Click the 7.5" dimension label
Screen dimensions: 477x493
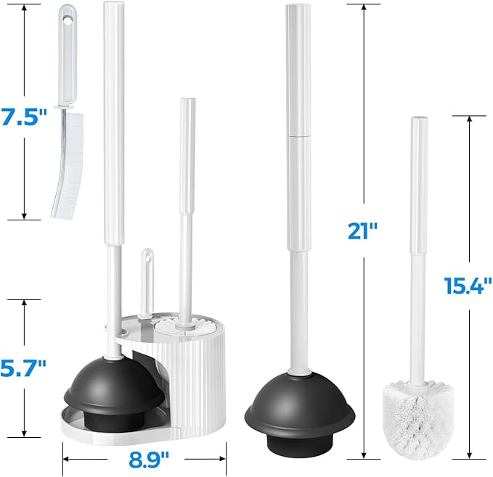pyautogui.click(x=24, y=117)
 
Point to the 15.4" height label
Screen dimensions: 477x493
pyautogui.click(x=468, y=286)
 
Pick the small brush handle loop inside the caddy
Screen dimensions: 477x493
pyautogui.click(x=147, y=259)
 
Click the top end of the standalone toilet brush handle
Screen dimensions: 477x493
pyautogui.click(x=418, y=120)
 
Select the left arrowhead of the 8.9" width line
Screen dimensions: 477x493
pyautogui.click(x=65, y=458)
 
